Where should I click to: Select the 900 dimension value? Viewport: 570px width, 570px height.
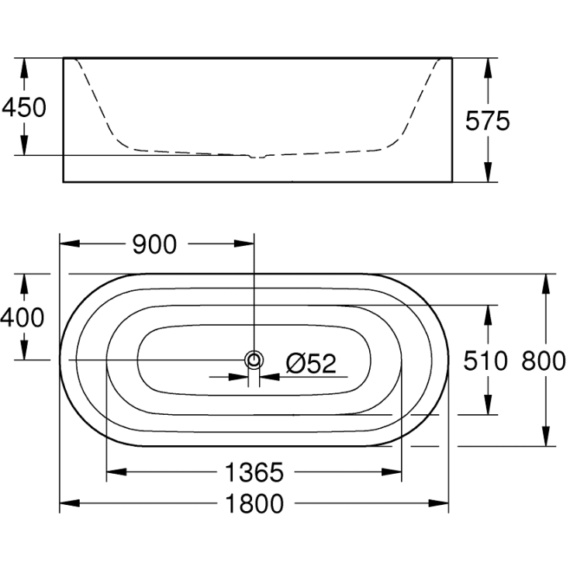click(154, 244)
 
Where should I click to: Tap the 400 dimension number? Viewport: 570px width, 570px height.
click(22, 316)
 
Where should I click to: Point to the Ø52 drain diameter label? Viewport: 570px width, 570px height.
click(310, 363)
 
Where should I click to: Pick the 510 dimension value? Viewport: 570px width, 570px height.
click(486, 360)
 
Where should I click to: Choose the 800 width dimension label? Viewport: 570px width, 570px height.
click(543, 360)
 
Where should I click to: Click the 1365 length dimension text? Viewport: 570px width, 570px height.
click(254, 471)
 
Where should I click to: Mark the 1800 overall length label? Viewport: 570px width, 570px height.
click(254, 503)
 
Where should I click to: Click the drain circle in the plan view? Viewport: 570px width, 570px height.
click(254, 360)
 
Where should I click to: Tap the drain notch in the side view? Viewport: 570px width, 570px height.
click(259, 156)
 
